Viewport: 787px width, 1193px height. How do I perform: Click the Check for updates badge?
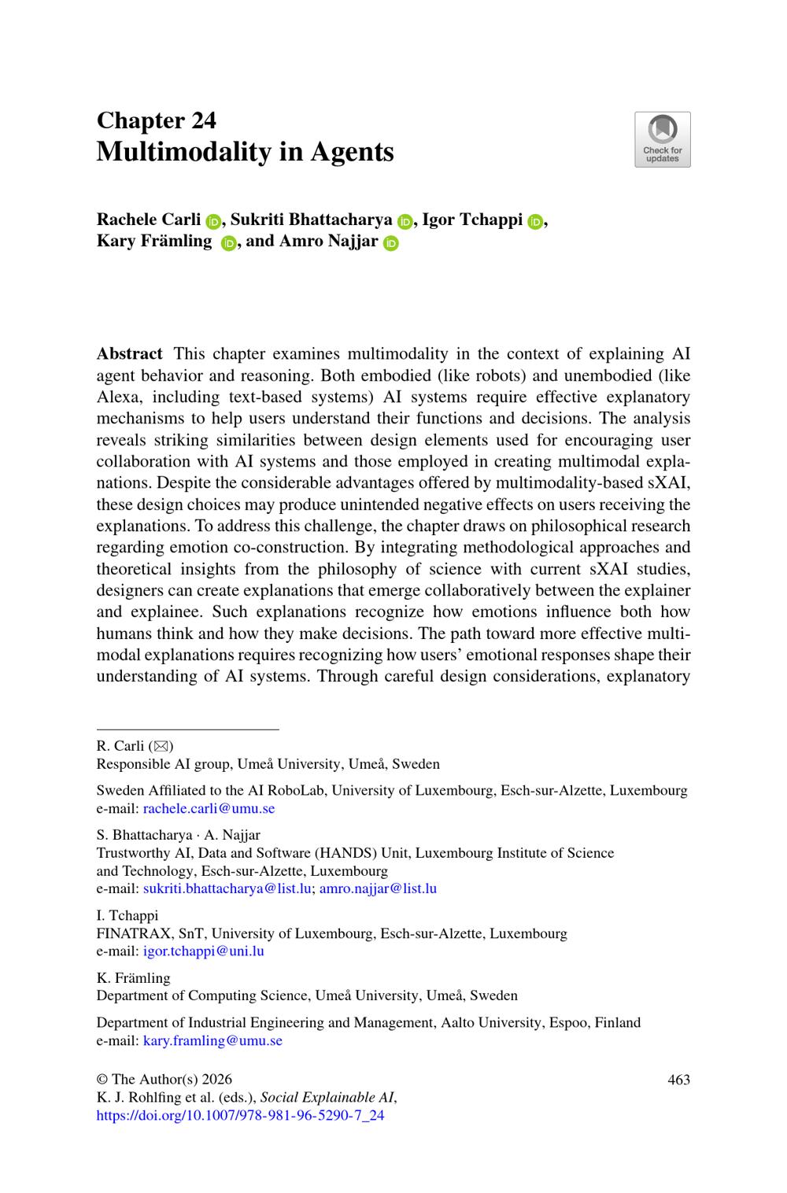(x=662, y=139)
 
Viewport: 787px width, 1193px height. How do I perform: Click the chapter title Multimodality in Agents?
(x=245, y=151)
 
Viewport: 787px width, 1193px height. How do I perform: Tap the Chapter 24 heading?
(x=156, y=120)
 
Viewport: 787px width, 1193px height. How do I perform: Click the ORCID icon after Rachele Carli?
(x=213, y=221)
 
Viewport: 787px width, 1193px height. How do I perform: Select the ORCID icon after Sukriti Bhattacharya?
(x=405, y=221)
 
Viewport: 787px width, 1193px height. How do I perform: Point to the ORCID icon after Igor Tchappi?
(x=535, y=221)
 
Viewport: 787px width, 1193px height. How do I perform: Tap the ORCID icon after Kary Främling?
(x=228, y=243)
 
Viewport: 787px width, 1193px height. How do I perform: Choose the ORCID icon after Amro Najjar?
(x=391, y=243)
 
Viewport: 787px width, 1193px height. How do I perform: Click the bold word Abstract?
(x=129, y=354)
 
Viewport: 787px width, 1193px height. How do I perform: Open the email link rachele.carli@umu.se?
(x=209, y=808)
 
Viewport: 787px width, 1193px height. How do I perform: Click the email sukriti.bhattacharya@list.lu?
(x=227, y=888)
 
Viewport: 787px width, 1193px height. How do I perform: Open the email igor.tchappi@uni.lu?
(x=203, y=951)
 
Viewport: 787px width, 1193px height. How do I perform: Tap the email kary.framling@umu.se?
(x=212, y=1040)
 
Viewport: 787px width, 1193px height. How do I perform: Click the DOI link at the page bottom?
(x=240, y=1115)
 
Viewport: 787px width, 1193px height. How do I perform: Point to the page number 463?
(x=678, y=1080)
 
